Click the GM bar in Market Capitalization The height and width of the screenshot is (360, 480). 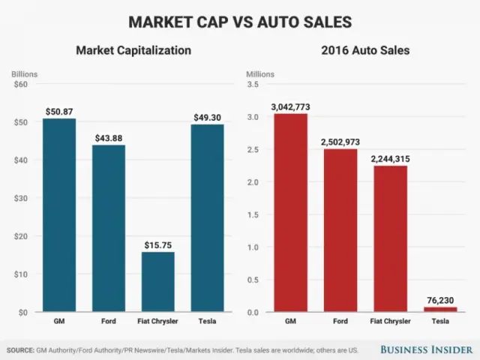(58, 215)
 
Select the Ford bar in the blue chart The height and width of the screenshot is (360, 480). (108, 228)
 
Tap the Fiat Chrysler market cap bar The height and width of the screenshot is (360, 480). (157, 282)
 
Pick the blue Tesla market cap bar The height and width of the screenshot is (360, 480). (208, 218)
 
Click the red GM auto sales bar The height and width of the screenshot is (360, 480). (290, 213)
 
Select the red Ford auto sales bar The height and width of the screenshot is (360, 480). (340, 230)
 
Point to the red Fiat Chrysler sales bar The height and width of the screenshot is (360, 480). (390, 238)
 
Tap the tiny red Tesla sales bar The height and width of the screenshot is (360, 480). (440, 309)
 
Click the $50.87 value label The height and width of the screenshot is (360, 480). (58, 112)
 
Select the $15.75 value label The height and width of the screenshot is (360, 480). (157, 244)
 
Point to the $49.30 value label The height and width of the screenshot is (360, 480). (208, 117)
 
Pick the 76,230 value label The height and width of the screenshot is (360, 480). (440, 300)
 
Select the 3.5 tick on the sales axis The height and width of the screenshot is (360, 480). (255, 84)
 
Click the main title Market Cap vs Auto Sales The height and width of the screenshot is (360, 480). (240, 21)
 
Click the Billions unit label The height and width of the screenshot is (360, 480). (24, 74)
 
